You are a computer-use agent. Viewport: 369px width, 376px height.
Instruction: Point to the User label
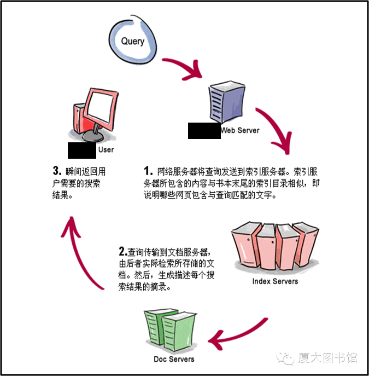pyautogui.click(x=106, y=149)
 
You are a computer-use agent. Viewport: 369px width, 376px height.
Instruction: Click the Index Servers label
pyautogui.click(x=275, y=281)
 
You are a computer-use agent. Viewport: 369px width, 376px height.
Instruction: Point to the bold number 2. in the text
pyautogui.click(x=123, y=252)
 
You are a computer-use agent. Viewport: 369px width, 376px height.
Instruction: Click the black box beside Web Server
pyautogui.click(x=203, y=131)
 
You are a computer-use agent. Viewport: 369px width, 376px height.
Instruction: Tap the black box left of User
pyautogui.click(x=81, y=149)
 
